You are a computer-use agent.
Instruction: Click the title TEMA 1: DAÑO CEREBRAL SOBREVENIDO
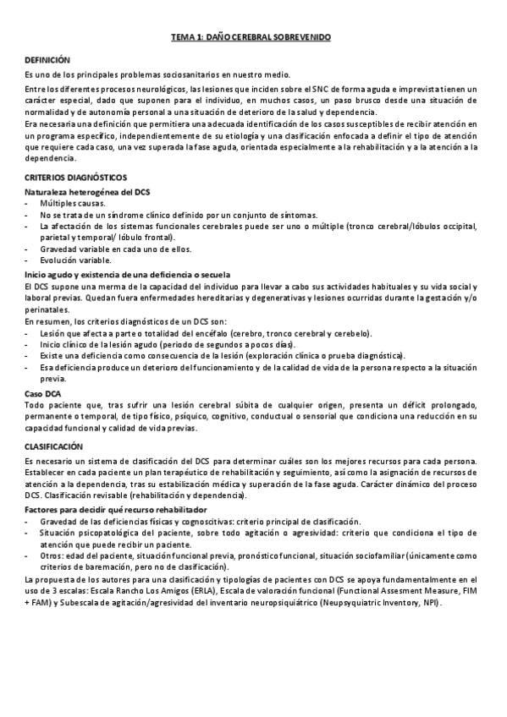[x=251, y=37]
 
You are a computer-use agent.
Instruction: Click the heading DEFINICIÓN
[x=47, y=60]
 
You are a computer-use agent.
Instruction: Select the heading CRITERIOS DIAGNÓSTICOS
[x=75, y=177]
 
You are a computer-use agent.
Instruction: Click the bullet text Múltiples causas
[x=73, y=204]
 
